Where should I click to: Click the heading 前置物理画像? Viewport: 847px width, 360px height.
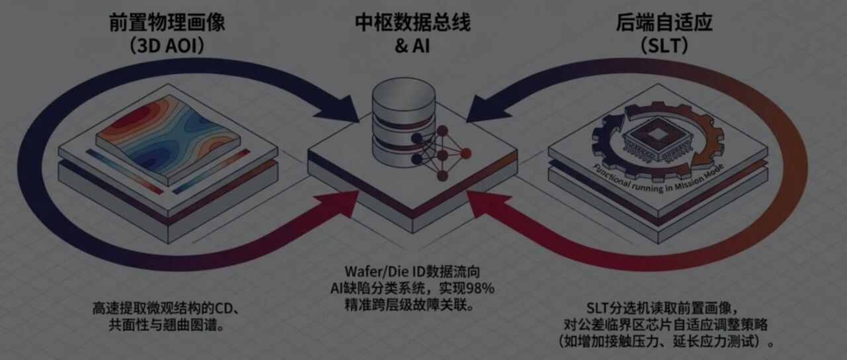tap(167, 22)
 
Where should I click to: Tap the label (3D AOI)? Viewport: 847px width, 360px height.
tap(167, 46)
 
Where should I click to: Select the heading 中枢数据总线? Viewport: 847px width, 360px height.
tap(412, 22)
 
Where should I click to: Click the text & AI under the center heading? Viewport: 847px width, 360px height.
tap(412, 46)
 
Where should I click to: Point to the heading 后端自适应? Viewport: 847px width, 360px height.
tap(664, 22)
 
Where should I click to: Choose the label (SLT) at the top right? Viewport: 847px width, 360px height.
tap(664, 46)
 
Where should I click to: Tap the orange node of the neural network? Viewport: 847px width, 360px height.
tap(466, 153)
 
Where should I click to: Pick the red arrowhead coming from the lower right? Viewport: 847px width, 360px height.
tap(486, 204)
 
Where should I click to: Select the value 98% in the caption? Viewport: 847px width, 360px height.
tap(480, 288)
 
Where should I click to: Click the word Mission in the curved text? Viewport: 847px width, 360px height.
tap(684, 181)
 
